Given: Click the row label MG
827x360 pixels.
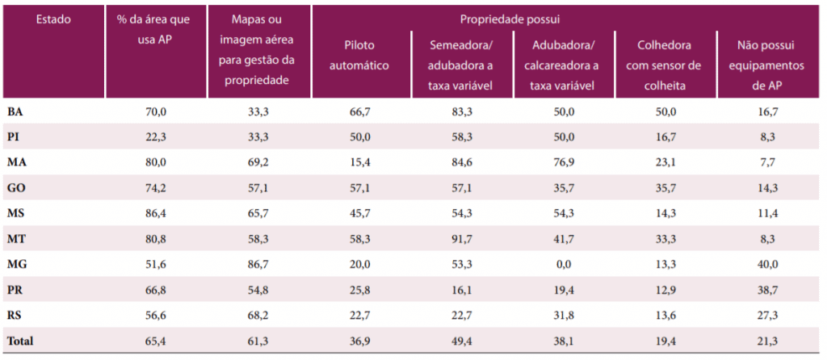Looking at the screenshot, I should click(x=18, y=265).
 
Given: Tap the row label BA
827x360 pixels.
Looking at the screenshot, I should click(x=15, y=111).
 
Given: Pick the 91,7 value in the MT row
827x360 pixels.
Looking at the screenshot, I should click(x=462, y=240).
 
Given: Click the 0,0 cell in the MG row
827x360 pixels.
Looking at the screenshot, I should click(x=563, y=265).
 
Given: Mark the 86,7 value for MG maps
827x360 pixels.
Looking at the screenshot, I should click(x=258, y=265).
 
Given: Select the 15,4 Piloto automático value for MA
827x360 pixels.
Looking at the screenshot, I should click(x=360, y=162).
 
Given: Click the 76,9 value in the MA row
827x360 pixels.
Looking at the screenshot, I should click(x=563, y=162).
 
